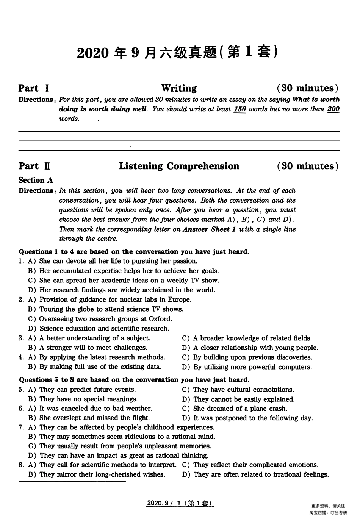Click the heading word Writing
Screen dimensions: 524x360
179,89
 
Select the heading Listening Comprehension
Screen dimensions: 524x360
179,166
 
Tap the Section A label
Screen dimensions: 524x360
36,180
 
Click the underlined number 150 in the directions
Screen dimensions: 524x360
240,109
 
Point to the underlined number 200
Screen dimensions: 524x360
333,109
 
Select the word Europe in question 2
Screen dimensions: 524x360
179,299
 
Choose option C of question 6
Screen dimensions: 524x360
235,409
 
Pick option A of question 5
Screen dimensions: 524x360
82,390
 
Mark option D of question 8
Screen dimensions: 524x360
255,474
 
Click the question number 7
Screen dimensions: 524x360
21,427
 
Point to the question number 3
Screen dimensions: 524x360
21,338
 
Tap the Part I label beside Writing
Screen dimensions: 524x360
33,89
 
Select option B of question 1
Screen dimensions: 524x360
124,271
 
